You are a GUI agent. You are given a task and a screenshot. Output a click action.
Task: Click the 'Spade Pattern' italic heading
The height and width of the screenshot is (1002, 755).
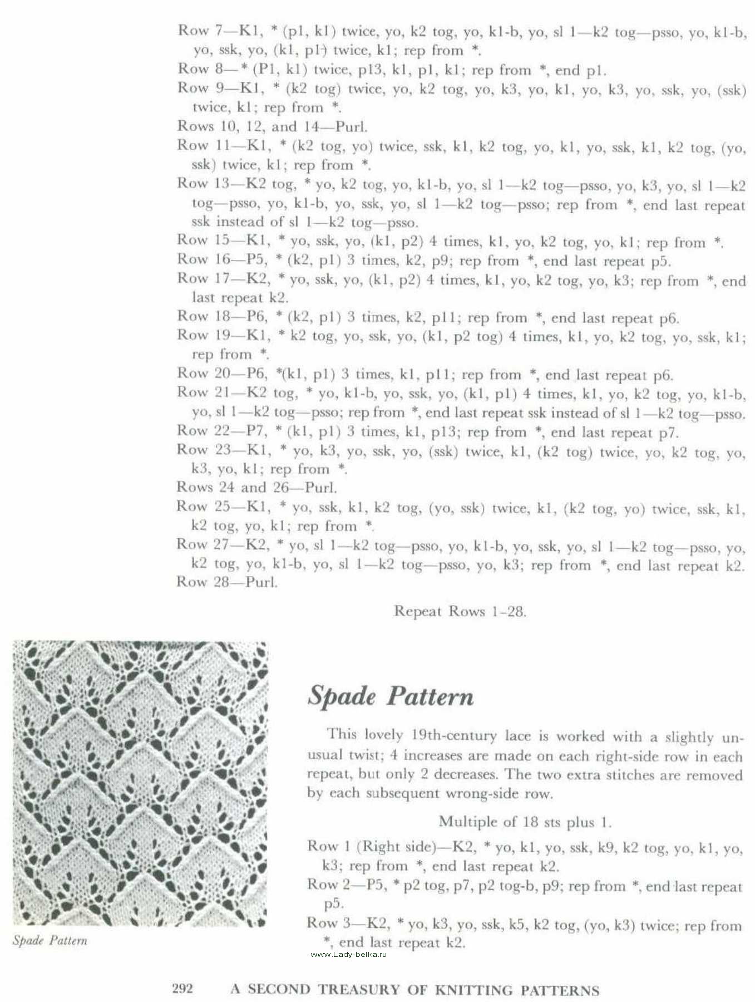(x=390, y=696)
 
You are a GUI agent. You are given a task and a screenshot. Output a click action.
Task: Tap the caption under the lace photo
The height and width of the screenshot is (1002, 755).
(x=50, y=941)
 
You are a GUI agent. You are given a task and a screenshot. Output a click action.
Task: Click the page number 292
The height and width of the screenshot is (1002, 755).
(x=182, y=989)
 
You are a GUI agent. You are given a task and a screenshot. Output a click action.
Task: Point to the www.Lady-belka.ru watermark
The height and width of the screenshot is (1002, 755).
(x=348, y=954)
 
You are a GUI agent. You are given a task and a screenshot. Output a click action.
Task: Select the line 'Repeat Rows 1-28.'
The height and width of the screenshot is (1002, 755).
(x=460, y=611)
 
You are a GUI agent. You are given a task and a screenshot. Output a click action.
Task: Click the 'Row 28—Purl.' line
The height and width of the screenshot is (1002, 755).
(x=227, y=582)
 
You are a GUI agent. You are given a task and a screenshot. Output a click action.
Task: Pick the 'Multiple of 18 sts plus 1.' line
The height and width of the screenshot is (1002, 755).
(x=525, y=822)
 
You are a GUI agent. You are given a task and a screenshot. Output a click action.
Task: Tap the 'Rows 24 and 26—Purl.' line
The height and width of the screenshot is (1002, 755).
(x=256, y=488)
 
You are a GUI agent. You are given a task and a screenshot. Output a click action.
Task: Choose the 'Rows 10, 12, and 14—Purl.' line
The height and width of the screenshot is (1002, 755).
(x=272, y=126)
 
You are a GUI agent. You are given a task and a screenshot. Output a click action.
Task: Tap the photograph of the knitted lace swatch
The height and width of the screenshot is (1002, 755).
(x=140, y=784)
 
